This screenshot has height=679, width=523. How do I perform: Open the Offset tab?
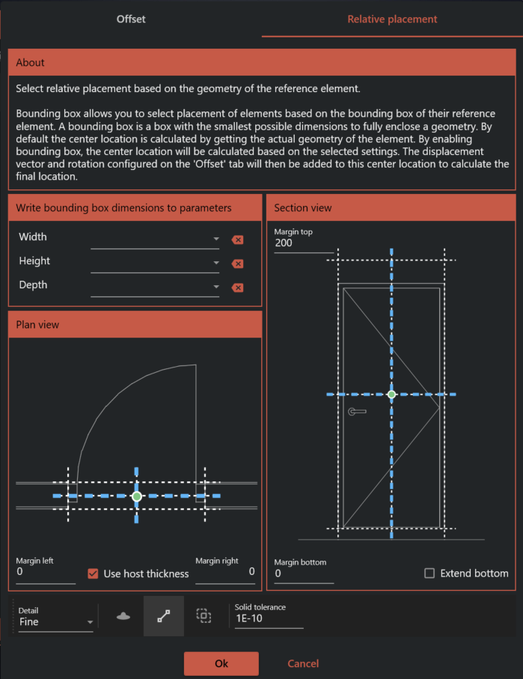click(x=131, y=19)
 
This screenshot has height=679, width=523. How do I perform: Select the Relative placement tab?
click(x=392, y=19)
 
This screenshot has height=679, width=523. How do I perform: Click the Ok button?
click(x=221, y=663)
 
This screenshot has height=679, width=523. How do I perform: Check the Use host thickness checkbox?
click(x=94, y=573)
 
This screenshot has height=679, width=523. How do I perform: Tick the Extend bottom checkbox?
click(x=429, y=573)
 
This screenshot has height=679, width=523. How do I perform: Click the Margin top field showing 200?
click(x=303, y=243)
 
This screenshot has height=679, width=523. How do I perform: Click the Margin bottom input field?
click(x=303, y=573)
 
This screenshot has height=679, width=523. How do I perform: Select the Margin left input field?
click(x=45, y=572)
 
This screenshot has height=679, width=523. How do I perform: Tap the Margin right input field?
click(x=225, y=572)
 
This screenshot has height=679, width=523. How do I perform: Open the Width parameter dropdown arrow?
click(x=216, y=240)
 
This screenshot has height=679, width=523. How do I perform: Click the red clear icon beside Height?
click(x=237, y=264)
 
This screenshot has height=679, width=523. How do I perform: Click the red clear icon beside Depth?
click(x=237, y=287)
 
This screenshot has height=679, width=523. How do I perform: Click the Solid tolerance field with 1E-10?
click(x=269, y=619)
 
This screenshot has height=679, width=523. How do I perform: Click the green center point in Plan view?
click(x=137, y=496)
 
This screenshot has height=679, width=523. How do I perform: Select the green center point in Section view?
click(x=391, y=394)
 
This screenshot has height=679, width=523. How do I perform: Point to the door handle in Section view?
click(x=357, y=412)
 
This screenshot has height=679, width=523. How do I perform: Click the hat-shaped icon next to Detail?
click(x=123, y=616)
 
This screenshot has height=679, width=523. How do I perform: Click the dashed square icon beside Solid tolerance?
click(x=203, y=615)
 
